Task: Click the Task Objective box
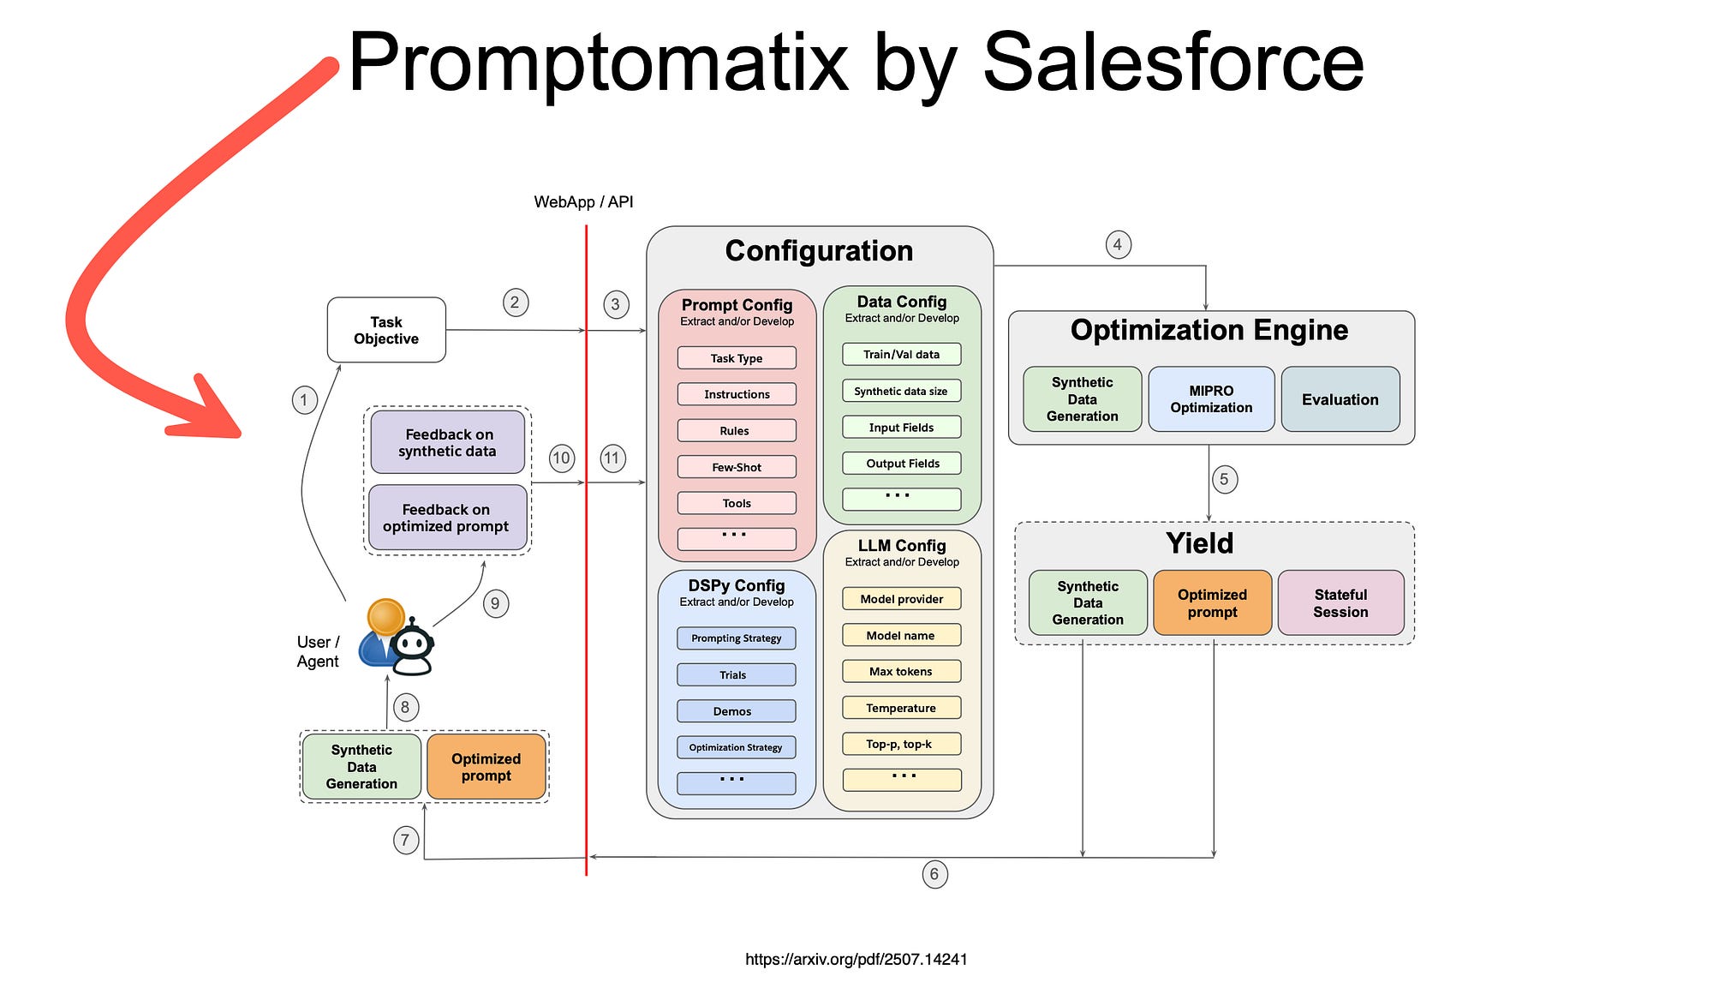[x=386, y=330]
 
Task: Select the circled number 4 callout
[x=1118, y=245]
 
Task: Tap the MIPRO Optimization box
[x=1211, y=399]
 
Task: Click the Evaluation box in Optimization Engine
[x=1340, y=399]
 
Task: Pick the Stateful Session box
[x=1340, y=603]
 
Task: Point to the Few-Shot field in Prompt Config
[x=737, y=467]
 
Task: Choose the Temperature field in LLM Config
[x=901, y=708]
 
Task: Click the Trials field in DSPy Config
[x=736, y=675]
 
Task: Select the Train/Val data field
[x=901, y=354]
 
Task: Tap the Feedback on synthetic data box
[x=447, y=442]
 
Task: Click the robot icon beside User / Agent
[x=414, y=647]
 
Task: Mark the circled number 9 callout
[x=495, y=603]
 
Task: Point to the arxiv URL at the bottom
[x=856, y=960]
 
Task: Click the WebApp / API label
[x=583, y=202]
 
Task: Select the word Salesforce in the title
[x=1173, y=62]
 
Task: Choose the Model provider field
[x=901, y=599]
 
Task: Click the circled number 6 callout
[x=934, y=875]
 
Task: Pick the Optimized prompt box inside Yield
[x=1212, y=603]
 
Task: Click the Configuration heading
[x=819, y=251]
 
